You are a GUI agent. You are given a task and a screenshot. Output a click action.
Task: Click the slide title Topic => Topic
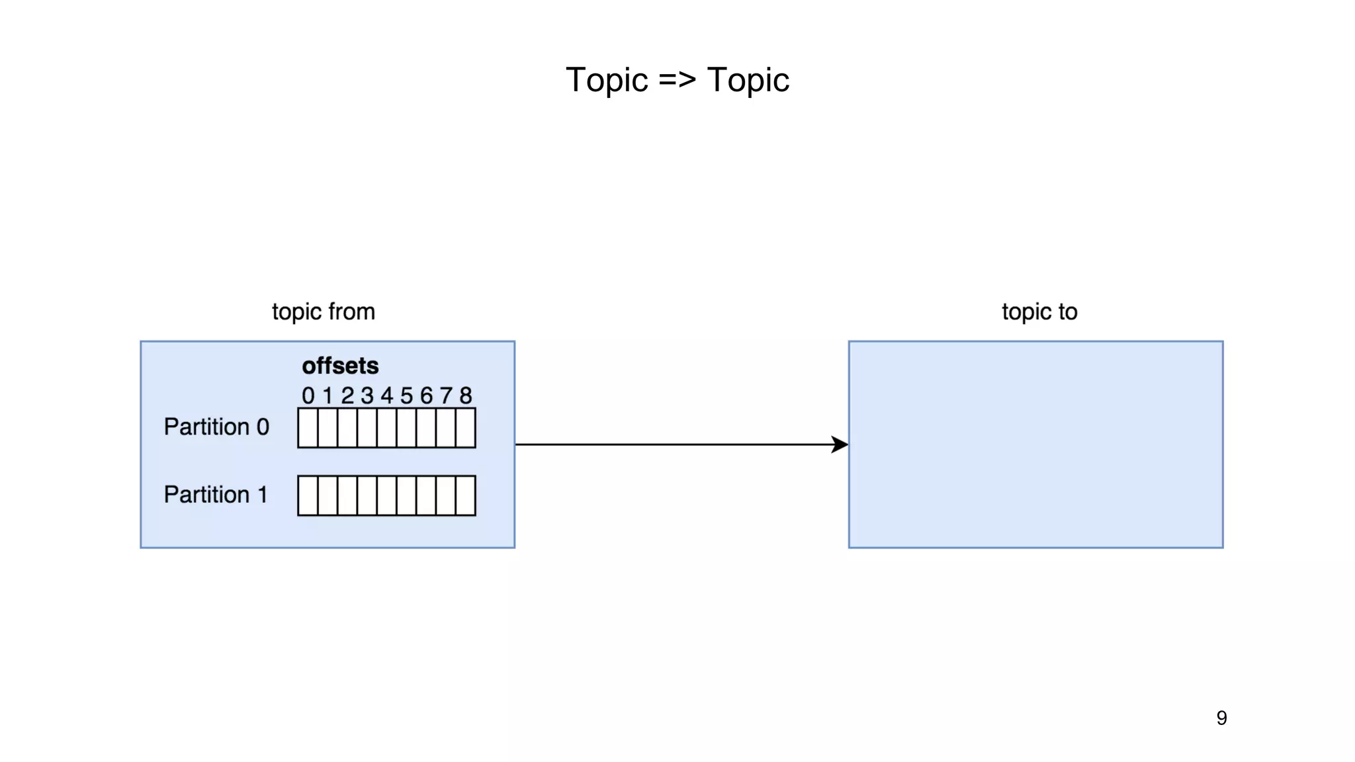click(x=677, y=80)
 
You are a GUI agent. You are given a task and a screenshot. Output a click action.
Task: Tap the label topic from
click(x=323, y=312)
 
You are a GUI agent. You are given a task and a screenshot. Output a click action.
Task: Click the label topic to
click(x=1039, y=312)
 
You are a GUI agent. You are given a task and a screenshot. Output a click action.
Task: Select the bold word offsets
click(x=340, y=366)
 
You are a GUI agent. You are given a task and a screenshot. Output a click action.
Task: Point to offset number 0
click(x=308, y=396)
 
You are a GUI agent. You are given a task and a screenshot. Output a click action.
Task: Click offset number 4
click(x=386, y=396)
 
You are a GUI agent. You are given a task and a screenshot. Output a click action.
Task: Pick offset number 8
click(x=466, y=396)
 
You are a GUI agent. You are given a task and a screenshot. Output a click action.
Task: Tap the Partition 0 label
click(x=216, y=427)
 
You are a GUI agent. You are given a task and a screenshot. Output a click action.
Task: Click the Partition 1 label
click(x=216, y=495)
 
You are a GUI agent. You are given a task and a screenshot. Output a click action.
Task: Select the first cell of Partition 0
click(x=308, y=428)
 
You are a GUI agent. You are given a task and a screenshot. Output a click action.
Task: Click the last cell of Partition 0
click(x=466, y=428)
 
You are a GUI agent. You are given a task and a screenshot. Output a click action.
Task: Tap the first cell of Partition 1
click(x=308, y=495)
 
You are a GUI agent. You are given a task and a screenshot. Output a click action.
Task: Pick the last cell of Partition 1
click(x=466, y=495)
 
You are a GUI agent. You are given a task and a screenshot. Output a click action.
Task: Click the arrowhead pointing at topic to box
click(x=840, y=444)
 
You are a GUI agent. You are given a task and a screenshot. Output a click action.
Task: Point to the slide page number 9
click(x=1221, y=718)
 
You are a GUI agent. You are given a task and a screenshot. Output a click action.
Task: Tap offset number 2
click(x=347, y=396)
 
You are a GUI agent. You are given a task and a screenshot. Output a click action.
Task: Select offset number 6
click(x=426, y=396)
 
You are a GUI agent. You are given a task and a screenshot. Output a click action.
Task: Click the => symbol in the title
click(x=677, y=80)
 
